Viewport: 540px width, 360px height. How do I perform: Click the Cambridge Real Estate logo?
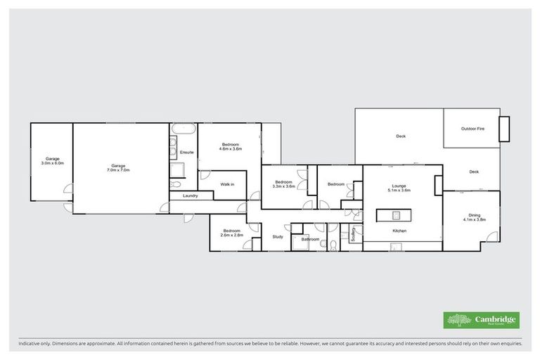coord(482,320)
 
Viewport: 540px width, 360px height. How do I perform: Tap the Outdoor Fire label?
coord(472,129)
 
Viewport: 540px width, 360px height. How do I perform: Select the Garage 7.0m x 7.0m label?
coord(118,168)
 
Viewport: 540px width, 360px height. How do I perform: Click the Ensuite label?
coord(187,152)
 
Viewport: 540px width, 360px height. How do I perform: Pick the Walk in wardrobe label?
coord(227,184)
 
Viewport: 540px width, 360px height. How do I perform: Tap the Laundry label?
coord(190,195)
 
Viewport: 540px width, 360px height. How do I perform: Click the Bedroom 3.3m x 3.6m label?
coord(283,185)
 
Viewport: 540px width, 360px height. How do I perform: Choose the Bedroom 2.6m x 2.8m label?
coord(232,233)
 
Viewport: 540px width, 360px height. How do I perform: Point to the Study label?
coord(278,236)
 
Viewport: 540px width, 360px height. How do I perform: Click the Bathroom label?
coord(311,240)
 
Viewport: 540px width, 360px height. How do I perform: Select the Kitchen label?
coord(400,231)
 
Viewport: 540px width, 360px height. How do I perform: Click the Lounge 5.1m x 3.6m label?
coord(399,188)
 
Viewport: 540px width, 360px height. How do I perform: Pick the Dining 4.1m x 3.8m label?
coord(475,218)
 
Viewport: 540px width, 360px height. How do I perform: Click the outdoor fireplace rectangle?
coord(504,129)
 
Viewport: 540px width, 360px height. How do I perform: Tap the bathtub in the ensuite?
coord(183,131)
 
